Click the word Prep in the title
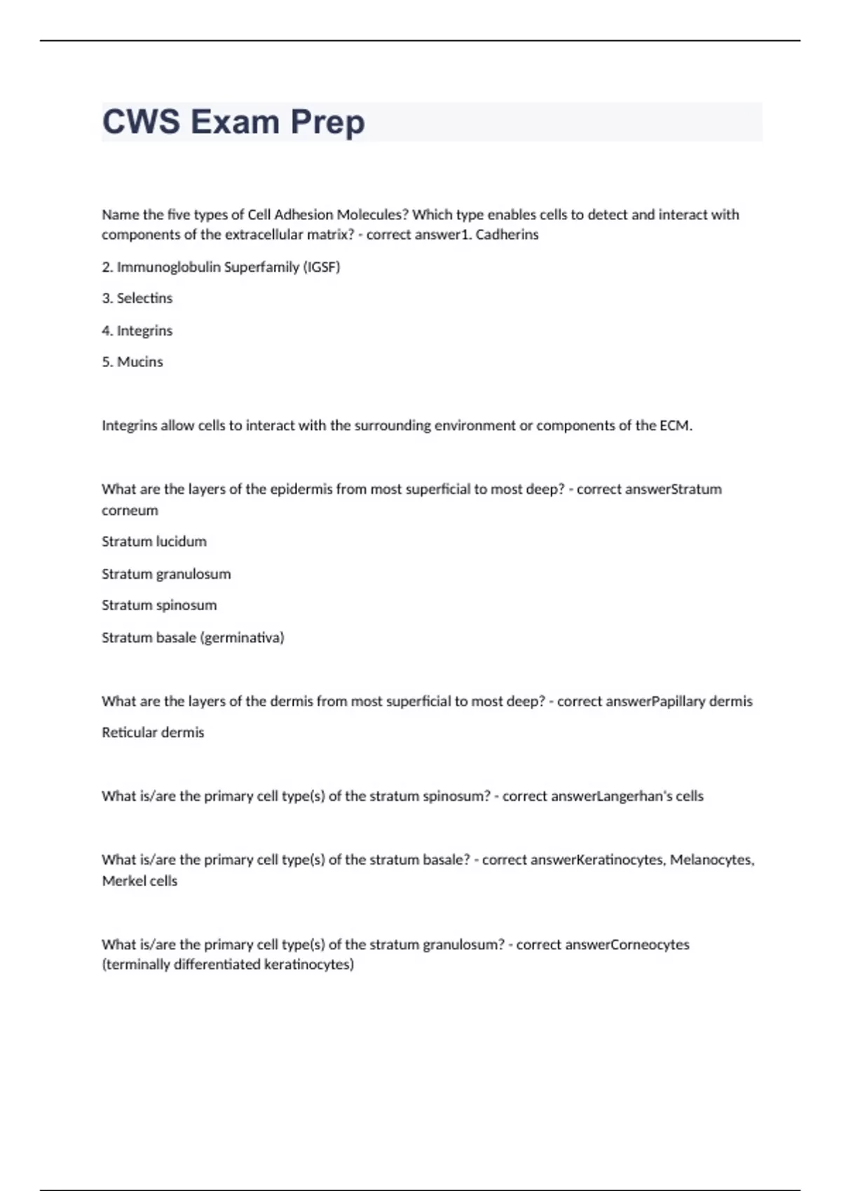[x=327, y=123]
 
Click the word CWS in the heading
[x=141, y=123]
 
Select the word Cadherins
[x=507, y=235]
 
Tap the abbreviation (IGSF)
[x=321, y=267]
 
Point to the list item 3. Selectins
[x=137, y=298]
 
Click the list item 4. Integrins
[x=137, y=331]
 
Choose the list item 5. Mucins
[x=132, y=362]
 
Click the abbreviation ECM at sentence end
[x=675, y=425]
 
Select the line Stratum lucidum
[x=154, y=542]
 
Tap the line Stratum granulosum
[x=166, y=574]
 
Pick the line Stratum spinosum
[x=159, y=605]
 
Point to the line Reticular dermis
[x=153, y=733]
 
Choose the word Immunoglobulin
[x=169, y=267]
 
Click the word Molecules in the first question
[x=371, y=214]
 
